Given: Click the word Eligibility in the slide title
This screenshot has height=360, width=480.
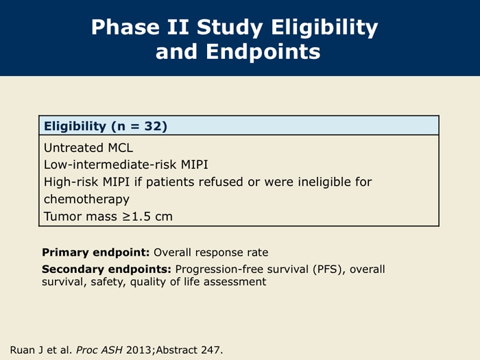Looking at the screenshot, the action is pyautogui.click(x=324, y=28).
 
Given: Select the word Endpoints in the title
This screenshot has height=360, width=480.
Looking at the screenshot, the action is pyautogui.click(x=263, y=51).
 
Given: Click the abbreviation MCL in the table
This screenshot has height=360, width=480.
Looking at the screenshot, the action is pyautogui.click(x=121, y=148).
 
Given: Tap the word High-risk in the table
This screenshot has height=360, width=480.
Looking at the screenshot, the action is pyautogui.click(x=71, y=182).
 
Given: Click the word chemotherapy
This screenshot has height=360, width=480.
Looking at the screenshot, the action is pyautogui.click(x=86, y=200).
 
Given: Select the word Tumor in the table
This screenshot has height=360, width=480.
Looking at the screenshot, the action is pyautogui.click(x=63, y=217).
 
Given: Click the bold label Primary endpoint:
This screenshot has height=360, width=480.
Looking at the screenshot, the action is pyautogui.click(x=96, y=252).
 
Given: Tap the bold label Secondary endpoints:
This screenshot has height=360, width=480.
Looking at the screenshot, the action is pyautogui.click(x=106, y=269).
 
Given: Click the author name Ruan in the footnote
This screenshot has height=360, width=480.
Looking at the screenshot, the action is pyautogui.click(x=23, y=350).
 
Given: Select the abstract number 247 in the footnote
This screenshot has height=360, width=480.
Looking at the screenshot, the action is pyautogui.click(x=211, y=350).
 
